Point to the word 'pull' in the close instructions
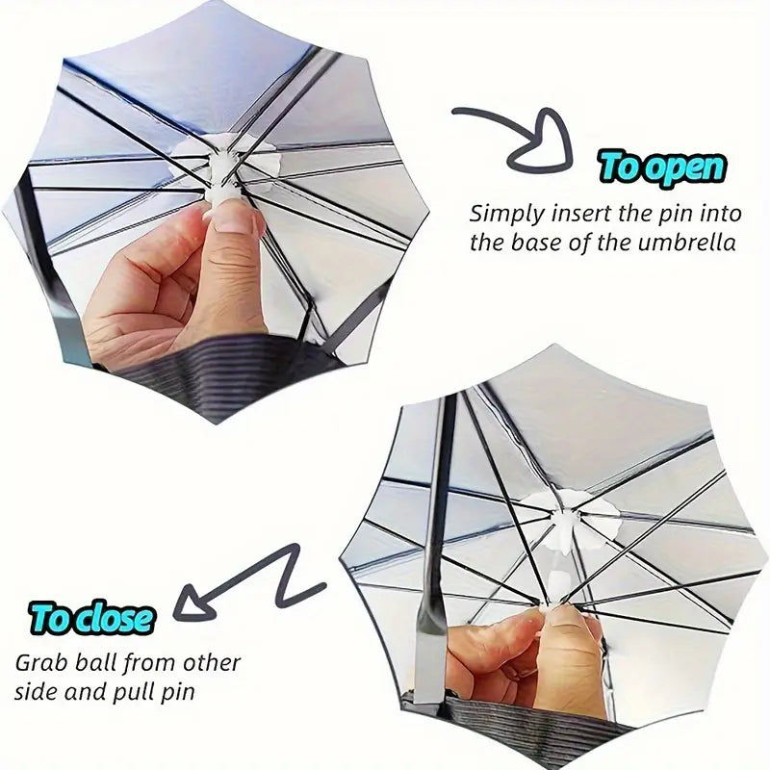[162, 690]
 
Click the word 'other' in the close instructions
[212, 663]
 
